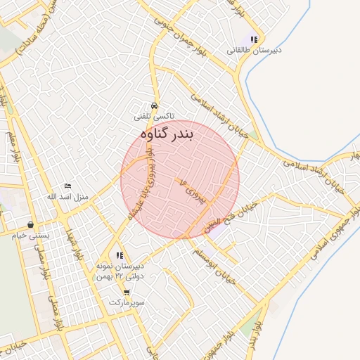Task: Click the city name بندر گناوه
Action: coord(167,133)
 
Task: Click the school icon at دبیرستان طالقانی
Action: coord(253,41)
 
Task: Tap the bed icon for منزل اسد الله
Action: coord(67,186)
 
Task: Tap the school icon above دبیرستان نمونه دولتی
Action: coord(120,255)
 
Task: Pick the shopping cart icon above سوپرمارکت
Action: coord(127,292)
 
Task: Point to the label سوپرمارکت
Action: coord(127,302)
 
